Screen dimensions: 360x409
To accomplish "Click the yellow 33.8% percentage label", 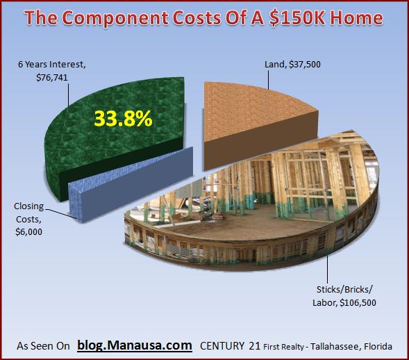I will (123, 119).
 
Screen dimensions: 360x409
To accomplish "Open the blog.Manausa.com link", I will (135, 346).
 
